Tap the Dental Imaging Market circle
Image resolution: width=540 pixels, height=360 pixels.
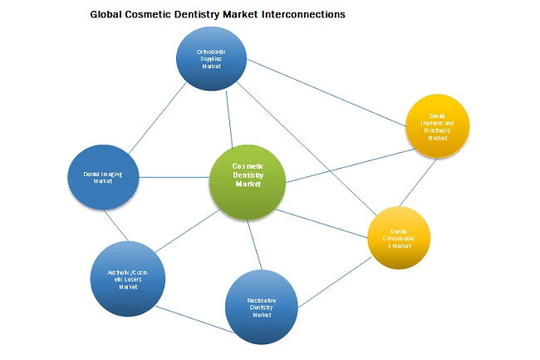(102, 178)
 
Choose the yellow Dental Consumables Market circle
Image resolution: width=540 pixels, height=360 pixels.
(400, 238)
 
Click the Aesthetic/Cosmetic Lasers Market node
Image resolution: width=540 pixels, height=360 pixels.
(127, 278)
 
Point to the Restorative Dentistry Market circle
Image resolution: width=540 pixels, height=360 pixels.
(262, 305)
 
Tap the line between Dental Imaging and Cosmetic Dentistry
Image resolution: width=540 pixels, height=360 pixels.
(174, 177)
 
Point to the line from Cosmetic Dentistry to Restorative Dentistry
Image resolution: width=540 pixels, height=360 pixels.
(254, 240)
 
